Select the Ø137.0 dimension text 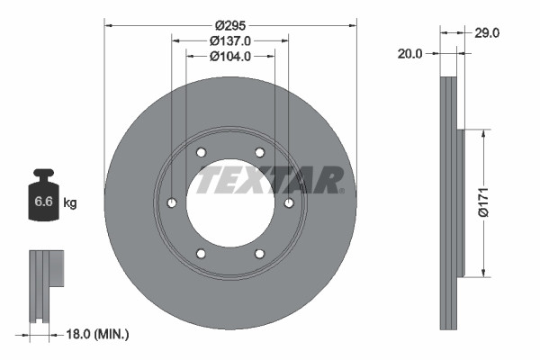click(229, 40)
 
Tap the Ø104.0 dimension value click(229, 56)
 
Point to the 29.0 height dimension click(487, 32)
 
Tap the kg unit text click(70, 203)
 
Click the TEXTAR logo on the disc click(270, 179)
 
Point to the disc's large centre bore click(229, 205)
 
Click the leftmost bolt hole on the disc click(172, 203)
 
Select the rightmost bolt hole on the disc click(289, 203)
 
